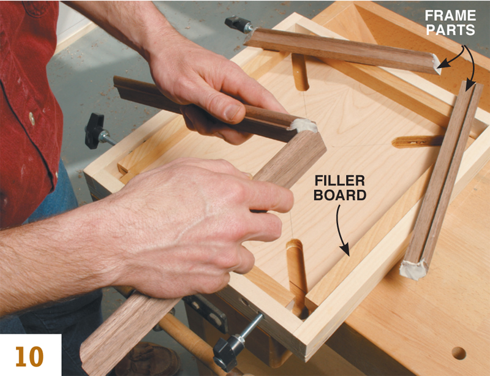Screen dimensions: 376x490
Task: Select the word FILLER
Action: click(340, 181)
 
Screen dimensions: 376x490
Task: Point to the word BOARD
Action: click(340, 196)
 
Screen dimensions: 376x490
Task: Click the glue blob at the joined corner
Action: click(304, 126)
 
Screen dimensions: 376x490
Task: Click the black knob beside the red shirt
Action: click(96, 130)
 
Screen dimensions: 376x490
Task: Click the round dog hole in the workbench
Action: click(458, 353)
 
